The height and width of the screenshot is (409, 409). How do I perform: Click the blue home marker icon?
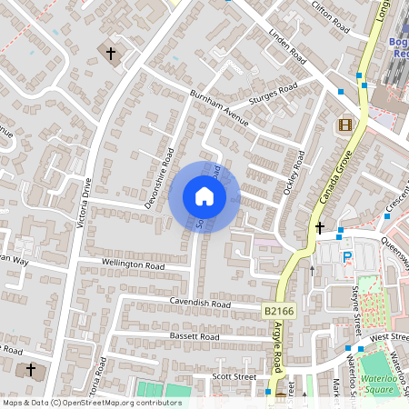click(204, 196)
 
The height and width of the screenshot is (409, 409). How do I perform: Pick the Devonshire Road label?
click(158, 178)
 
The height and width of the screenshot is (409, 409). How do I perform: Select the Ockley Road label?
click(291, 167)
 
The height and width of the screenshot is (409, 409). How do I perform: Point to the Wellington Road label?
click(133, 266)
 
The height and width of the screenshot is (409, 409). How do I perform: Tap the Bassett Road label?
click(195, 336)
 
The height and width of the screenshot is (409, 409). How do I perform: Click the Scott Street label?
click(234, 374)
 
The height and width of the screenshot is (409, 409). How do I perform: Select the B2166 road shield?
click(281, 311)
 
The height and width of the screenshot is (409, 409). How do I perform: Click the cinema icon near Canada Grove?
click(345, 125)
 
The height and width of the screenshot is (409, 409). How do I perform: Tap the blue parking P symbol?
click(346, 258)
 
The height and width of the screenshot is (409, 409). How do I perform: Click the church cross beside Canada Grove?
click(320, 227)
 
